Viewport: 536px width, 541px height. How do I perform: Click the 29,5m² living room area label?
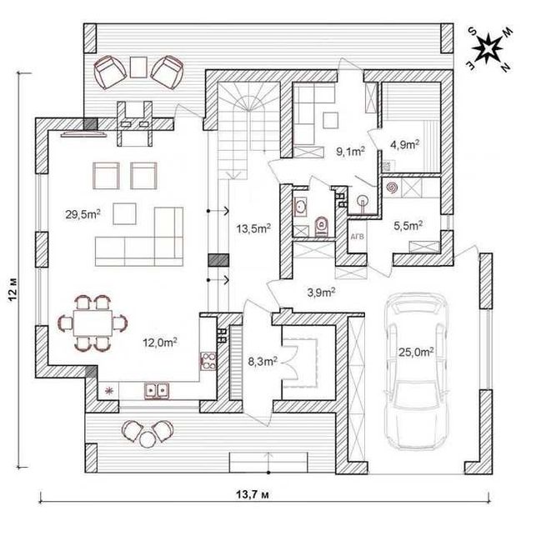point(83,214)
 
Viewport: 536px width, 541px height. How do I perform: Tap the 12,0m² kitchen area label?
point(160,343)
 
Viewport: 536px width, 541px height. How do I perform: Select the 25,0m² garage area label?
point(416,352)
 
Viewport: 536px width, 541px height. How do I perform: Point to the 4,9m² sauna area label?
point(404,144)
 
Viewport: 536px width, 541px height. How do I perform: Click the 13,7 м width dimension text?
point(253,494)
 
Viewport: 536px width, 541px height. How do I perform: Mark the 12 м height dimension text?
point(13,291)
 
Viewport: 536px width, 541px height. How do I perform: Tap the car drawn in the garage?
point(416,372)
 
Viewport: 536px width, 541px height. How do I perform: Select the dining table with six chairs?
point(93,323)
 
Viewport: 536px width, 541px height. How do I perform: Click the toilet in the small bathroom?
point(322,227)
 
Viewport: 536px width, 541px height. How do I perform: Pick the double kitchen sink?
point(157,391)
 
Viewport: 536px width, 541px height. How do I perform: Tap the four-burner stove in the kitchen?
point(208,361)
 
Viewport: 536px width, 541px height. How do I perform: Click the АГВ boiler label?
point(357,237)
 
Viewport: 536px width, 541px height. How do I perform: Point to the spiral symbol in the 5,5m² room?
point(392,188)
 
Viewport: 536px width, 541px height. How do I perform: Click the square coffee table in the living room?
point(124,214)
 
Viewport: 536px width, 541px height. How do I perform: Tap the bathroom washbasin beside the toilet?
point(300,207)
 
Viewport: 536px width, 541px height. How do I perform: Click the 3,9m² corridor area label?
point(322,293)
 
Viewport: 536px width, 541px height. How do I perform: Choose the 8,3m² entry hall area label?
point(263,361)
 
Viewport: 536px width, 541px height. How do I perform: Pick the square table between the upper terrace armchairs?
point(138,67)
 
